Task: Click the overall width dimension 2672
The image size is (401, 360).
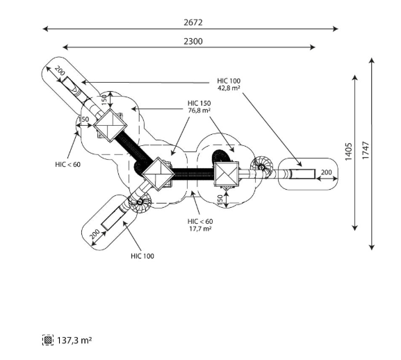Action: [x=193, y=22]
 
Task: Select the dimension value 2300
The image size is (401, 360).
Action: [x=193, y=41]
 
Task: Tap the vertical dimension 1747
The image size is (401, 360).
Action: [x=366, y=150]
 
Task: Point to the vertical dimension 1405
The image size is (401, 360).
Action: [x=349, y=152]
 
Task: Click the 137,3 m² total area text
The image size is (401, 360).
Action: [x=74, y=341]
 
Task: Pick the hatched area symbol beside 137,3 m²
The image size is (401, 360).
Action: [x=48, y=340]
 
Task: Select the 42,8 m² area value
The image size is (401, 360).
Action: [x=229, y=88]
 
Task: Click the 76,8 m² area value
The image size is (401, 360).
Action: [x=199, y=111]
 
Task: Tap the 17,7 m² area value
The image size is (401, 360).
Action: [x=200, y=229]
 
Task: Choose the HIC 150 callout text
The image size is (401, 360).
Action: [x=199, y=104]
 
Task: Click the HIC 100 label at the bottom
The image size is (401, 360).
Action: [x=142, y=256]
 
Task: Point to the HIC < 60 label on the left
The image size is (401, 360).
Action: [x=68, y=165]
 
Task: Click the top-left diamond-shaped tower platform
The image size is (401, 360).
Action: [x=111, y=125]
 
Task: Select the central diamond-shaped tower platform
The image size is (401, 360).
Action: [x=158, y=174]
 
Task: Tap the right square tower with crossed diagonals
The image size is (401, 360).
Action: [x=227, y=174]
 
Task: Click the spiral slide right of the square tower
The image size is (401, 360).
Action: [x=261, y=167]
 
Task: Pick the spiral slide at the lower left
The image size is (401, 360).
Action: [x=140, y=202]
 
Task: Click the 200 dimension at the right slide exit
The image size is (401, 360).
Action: [x=327, y=172]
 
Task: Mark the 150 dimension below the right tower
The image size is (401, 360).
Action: [x=220, y=200]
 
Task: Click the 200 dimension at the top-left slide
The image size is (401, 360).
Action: [x=60, y=70]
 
